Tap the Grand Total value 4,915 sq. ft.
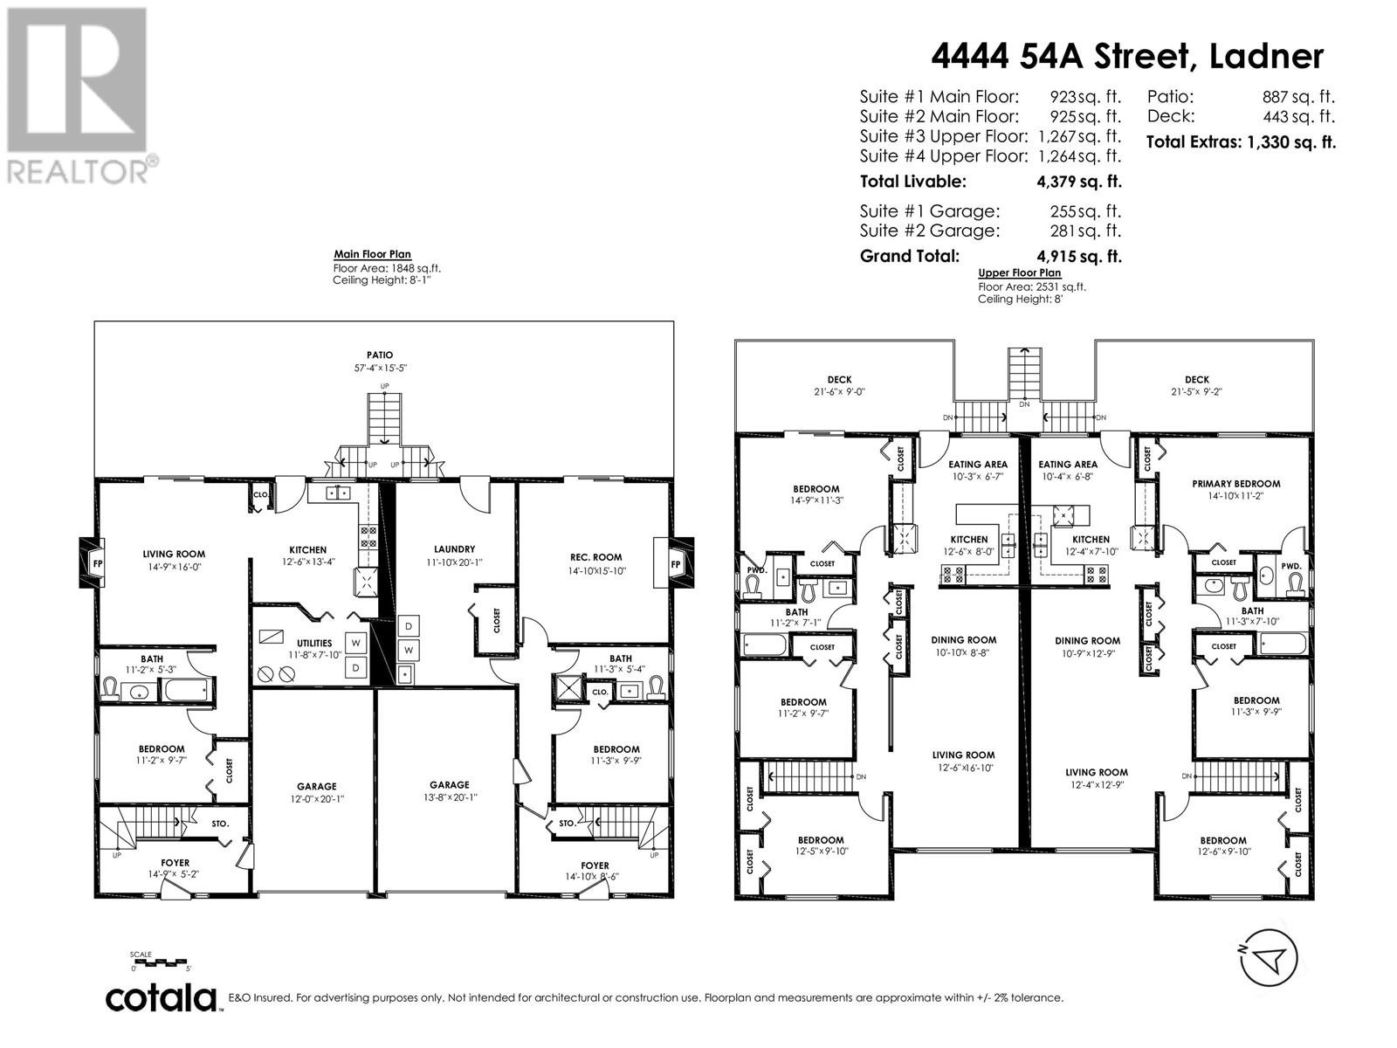1079,257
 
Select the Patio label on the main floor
379,355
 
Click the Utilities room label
314,644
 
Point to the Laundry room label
454,549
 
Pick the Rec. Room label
595,557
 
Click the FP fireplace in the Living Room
97,564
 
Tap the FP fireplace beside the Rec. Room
674,564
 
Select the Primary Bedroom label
1236,484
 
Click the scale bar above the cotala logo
159,962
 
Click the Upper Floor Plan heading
1020,272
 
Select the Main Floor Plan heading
372,254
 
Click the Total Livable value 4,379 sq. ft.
1079,182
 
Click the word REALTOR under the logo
78,172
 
